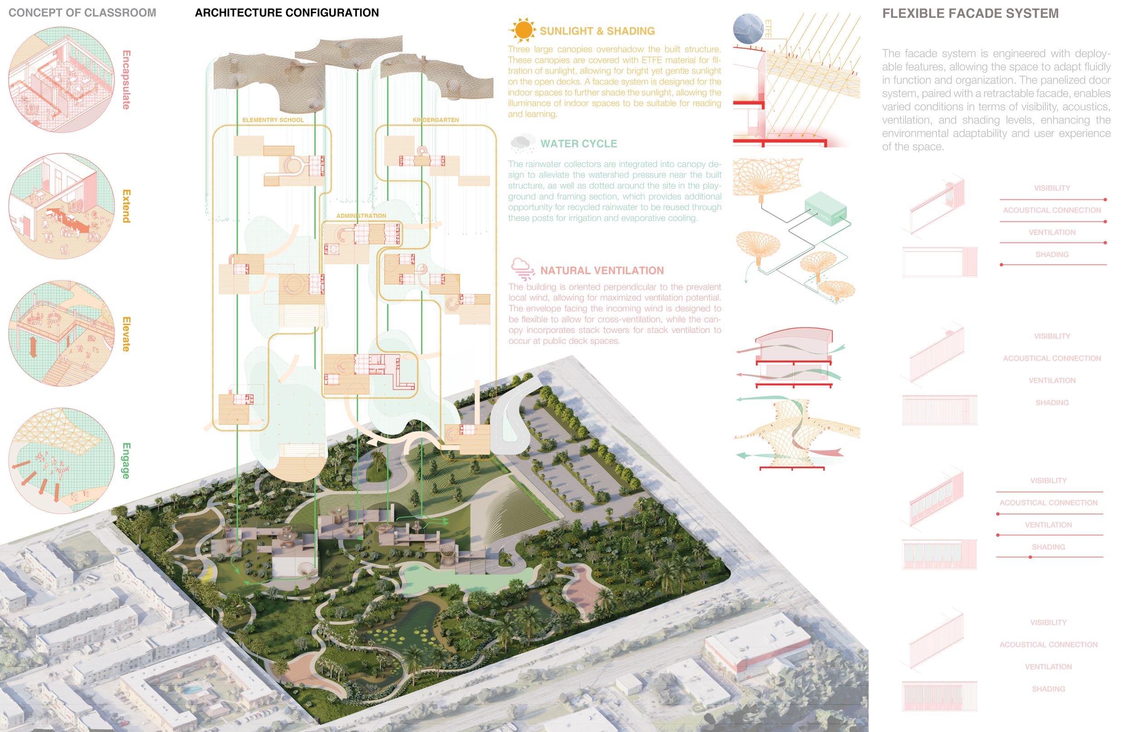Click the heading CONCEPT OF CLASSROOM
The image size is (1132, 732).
[82, 13]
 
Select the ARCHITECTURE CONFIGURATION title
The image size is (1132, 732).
[287, 13]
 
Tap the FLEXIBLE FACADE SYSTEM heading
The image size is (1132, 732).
[970, 13]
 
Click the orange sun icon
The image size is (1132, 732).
[523, 30]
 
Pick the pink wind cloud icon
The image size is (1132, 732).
[522, 269]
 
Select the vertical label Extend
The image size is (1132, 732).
[126, 206]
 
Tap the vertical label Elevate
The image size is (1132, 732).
[126, 334]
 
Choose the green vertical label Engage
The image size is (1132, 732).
[126, 461]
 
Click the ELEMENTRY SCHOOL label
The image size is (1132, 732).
[273, 120]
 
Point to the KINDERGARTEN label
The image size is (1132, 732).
[436, 120]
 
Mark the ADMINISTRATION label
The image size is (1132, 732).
[361, 216]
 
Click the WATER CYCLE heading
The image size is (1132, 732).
[578, 143]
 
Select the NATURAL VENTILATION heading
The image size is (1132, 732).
[602, 271]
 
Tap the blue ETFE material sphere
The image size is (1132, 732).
[748, 29]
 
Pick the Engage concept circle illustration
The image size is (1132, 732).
[62, 460]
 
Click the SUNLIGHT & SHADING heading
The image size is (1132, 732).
[597, 31]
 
